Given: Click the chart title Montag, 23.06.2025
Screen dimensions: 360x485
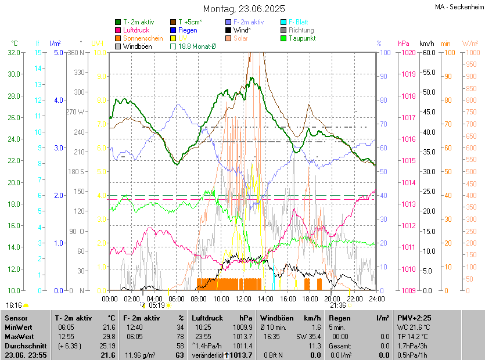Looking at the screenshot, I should click(244, 9).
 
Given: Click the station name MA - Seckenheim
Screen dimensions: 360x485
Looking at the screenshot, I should click(458, 8).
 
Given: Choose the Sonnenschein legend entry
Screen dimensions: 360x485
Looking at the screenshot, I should click(143, 38).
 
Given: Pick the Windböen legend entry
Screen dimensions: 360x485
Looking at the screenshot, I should click(138, 46).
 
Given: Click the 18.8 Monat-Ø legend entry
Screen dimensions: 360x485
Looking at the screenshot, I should click(196, 46).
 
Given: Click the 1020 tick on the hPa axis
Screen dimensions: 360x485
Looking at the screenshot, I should click(407, 52).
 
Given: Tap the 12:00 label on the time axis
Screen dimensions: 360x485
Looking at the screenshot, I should click(243, 299).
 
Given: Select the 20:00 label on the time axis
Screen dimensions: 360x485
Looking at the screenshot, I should click(332, 299).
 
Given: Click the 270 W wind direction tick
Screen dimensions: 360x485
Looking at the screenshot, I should click(76, 112).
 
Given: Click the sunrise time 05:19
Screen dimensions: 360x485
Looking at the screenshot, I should click(157, 305).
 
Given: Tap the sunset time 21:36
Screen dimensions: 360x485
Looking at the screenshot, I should click(338, 305).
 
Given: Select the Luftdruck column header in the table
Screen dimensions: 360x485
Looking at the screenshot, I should click(207, 318).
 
